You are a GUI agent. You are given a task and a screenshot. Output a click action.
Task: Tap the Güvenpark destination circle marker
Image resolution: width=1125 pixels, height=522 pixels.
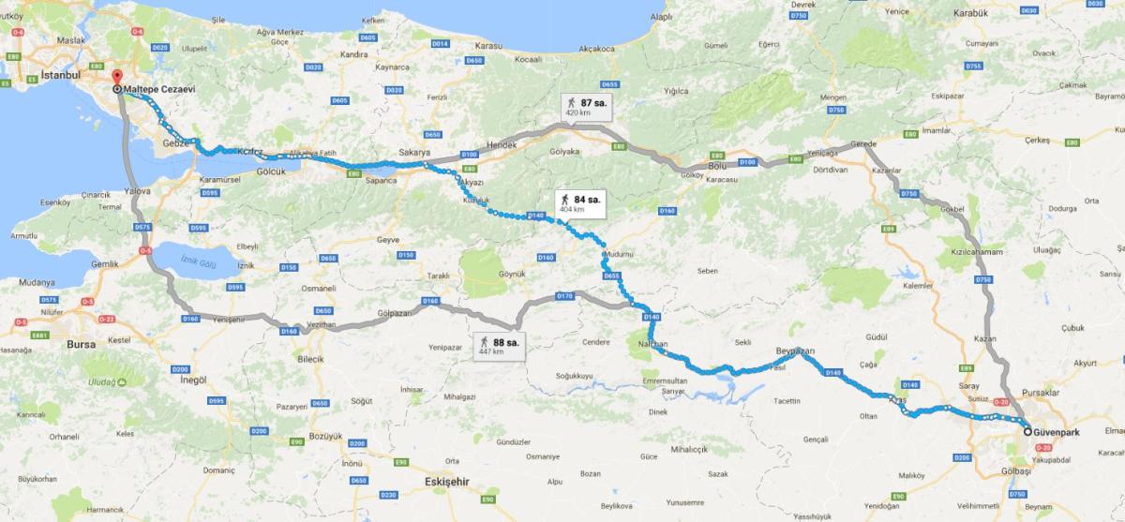(x=1027, y=432)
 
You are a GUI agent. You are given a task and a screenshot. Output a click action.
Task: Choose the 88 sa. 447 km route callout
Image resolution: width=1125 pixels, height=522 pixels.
(x=498, y=346)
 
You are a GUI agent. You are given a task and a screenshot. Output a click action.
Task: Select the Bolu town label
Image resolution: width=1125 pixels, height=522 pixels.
(x=719, y=165)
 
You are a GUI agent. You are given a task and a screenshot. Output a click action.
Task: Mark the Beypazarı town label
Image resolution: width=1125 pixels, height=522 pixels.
(x=795, y=350)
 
